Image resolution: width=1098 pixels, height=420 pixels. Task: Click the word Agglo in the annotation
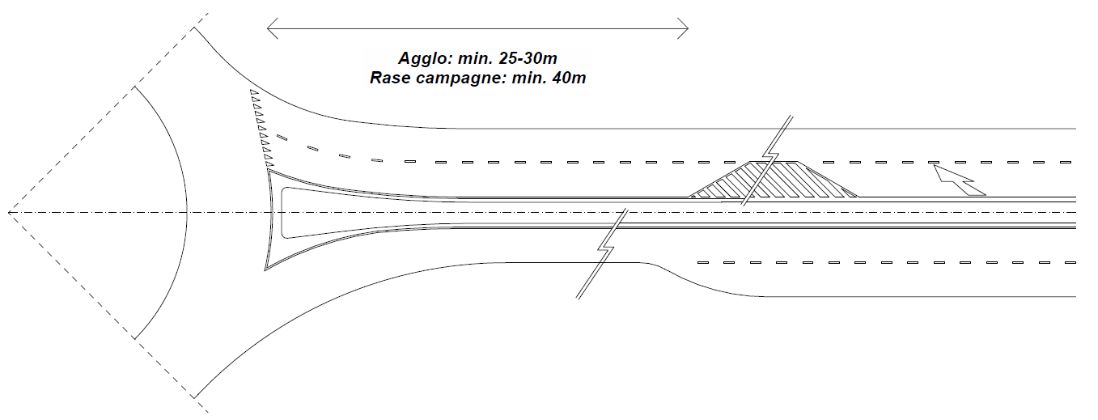point(425,59)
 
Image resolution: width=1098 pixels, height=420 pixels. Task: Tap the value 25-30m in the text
point(528,58)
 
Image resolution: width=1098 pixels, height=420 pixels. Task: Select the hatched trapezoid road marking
point(773,180)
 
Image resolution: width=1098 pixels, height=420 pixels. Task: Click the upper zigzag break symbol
point(768,161)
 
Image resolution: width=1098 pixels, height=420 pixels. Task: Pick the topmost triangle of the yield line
point(254,92)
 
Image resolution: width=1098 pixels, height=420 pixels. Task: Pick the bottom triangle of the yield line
point(269,163)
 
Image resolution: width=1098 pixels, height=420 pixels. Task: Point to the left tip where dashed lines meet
point(9,213)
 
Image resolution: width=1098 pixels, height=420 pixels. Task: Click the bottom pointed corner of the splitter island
point(265,269)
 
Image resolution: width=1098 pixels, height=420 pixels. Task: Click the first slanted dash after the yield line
point(282,138)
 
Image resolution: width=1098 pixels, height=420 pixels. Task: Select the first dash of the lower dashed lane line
point(703,263)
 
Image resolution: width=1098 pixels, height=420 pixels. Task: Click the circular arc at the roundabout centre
point(187,213)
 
